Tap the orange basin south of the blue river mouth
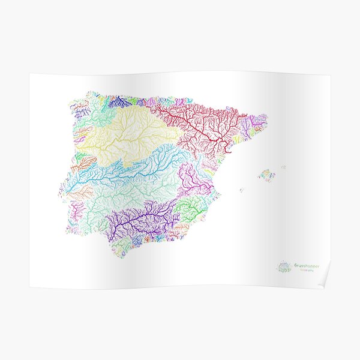pyautogui.click(x=81, y=192)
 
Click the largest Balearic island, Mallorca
pyautogui.click(x=266, y=175)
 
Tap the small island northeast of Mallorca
pyautogui.click(x=283, y=167)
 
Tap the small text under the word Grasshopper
pyautogui.click(x=306, y=271)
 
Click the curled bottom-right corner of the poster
pyautogui.click(x=324, y=283)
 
